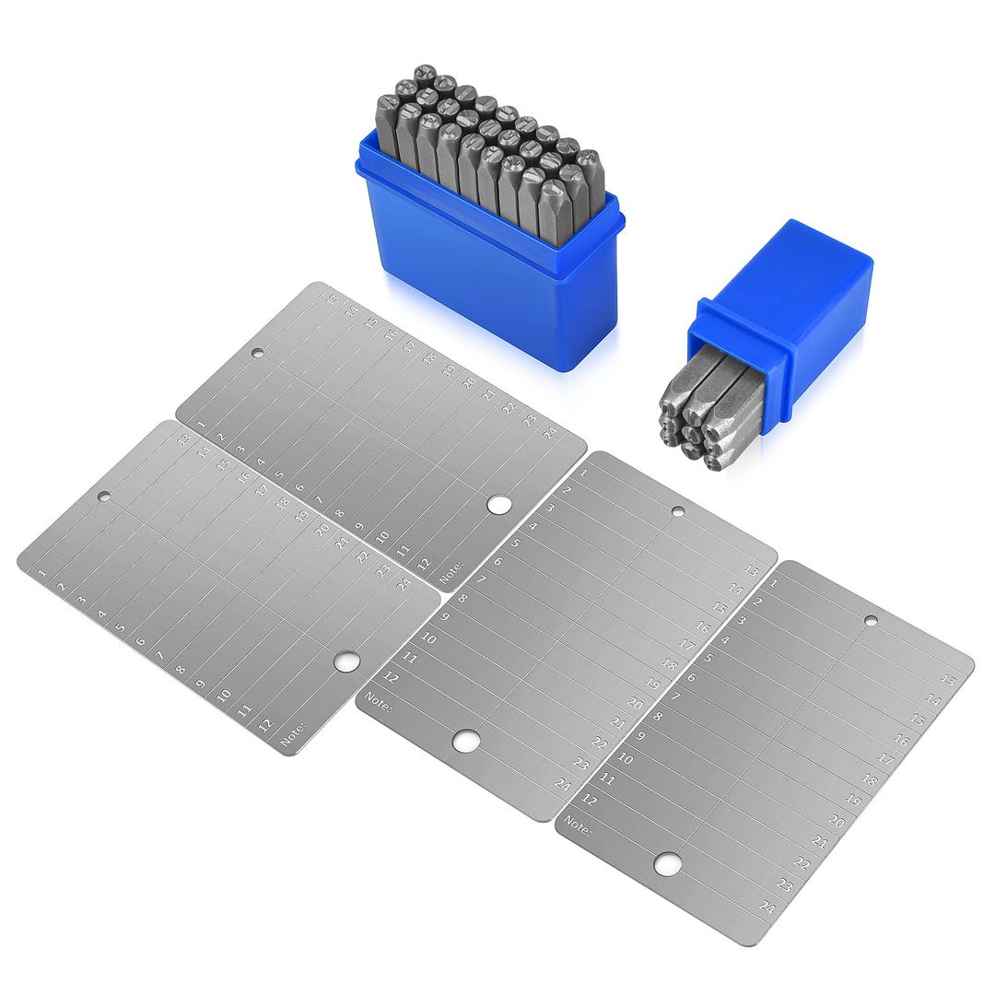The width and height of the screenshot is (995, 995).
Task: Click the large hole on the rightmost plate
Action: click(668, 863)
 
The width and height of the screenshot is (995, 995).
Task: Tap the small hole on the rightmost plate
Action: click(870, 621)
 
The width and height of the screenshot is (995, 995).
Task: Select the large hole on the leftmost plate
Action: click(346, 661)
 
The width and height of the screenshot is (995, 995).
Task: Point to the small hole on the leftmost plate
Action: click(104, 497)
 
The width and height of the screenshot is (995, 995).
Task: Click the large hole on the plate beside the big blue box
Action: click(498, 504)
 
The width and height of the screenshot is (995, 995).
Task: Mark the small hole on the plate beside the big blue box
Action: click(258, 353)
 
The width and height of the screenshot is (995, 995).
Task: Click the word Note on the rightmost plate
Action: click(578, 825)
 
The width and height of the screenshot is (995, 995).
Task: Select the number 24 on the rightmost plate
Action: click(767, 907)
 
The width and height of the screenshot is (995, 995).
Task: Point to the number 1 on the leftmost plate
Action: click(42, 572)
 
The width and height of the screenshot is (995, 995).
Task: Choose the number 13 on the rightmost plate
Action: click(948, 680)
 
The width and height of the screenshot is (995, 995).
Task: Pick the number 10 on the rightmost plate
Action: click(625, 759)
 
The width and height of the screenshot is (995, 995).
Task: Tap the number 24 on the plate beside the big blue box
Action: click(550, 432)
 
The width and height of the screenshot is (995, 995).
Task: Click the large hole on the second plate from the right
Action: click(466, 739)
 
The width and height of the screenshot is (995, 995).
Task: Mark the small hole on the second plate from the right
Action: click(677, 511)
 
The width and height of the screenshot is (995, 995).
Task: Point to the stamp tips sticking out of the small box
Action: click(700, 415)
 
